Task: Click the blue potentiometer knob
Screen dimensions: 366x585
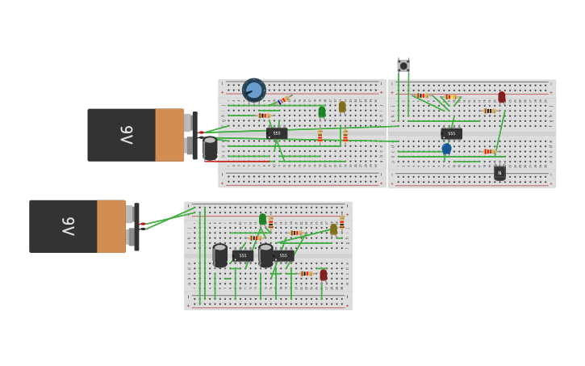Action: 253,90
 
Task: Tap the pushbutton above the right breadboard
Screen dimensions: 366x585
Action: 403,65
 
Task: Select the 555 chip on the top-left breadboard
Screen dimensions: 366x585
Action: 276,133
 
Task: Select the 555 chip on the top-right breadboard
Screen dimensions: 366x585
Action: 452,133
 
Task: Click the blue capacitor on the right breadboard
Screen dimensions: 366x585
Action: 446,149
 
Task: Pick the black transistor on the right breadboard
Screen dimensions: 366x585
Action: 499,172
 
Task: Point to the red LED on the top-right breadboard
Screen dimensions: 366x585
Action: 502,97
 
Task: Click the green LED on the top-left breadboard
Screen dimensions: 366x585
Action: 322,111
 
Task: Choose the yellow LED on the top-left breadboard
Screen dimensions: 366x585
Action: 342,107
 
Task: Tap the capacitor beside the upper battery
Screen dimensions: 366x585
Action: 210,149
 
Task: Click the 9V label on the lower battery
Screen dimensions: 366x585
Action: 69,226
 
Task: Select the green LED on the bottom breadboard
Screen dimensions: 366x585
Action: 262,219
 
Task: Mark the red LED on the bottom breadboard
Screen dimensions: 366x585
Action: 324,275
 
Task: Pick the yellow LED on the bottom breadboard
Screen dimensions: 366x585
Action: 333,229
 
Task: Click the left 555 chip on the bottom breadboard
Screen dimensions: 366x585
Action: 242,255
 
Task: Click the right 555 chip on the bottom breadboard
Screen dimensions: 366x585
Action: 283,255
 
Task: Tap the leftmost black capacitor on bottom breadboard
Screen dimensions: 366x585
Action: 220,255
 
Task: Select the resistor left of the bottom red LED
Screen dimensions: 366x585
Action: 306,274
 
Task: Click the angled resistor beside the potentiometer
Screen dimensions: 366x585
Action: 282,100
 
